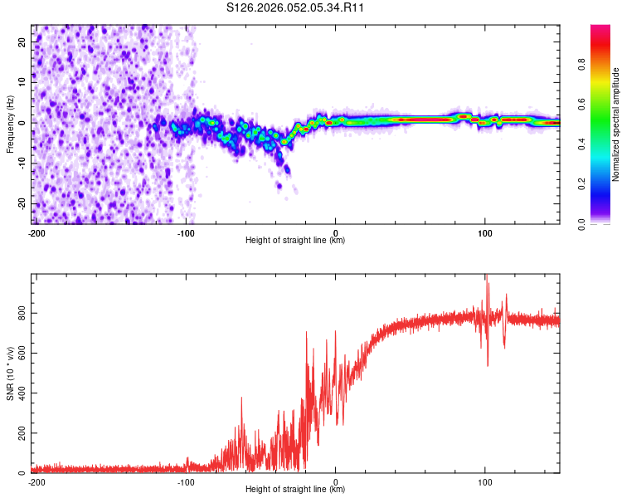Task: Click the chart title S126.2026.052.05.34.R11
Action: pyautogui.click(x=296, y=7)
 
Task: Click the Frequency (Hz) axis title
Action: pyautogui.click(x=10, y=124)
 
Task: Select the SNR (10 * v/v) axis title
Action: pyautogui.click(x=10, y=373)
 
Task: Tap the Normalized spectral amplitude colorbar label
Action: pyautogui.click(x=615, y=124)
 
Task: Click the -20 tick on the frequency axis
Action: pyautogui.click(x=21, y=204)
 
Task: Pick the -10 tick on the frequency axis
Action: pyautogui.click(x=21, y=164)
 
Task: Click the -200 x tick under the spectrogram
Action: pyautogui.click(x=36, y=232)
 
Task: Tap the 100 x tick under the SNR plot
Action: pyautogui.click(x=485, y=481)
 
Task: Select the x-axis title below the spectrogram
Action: pyautogui.click(x=295, y=241)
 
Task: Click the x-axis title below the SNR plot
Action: pyautogui.click(x=295, y=490)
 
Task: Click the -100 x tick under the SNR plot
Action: pyautogui.click(x=186, y=481)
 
